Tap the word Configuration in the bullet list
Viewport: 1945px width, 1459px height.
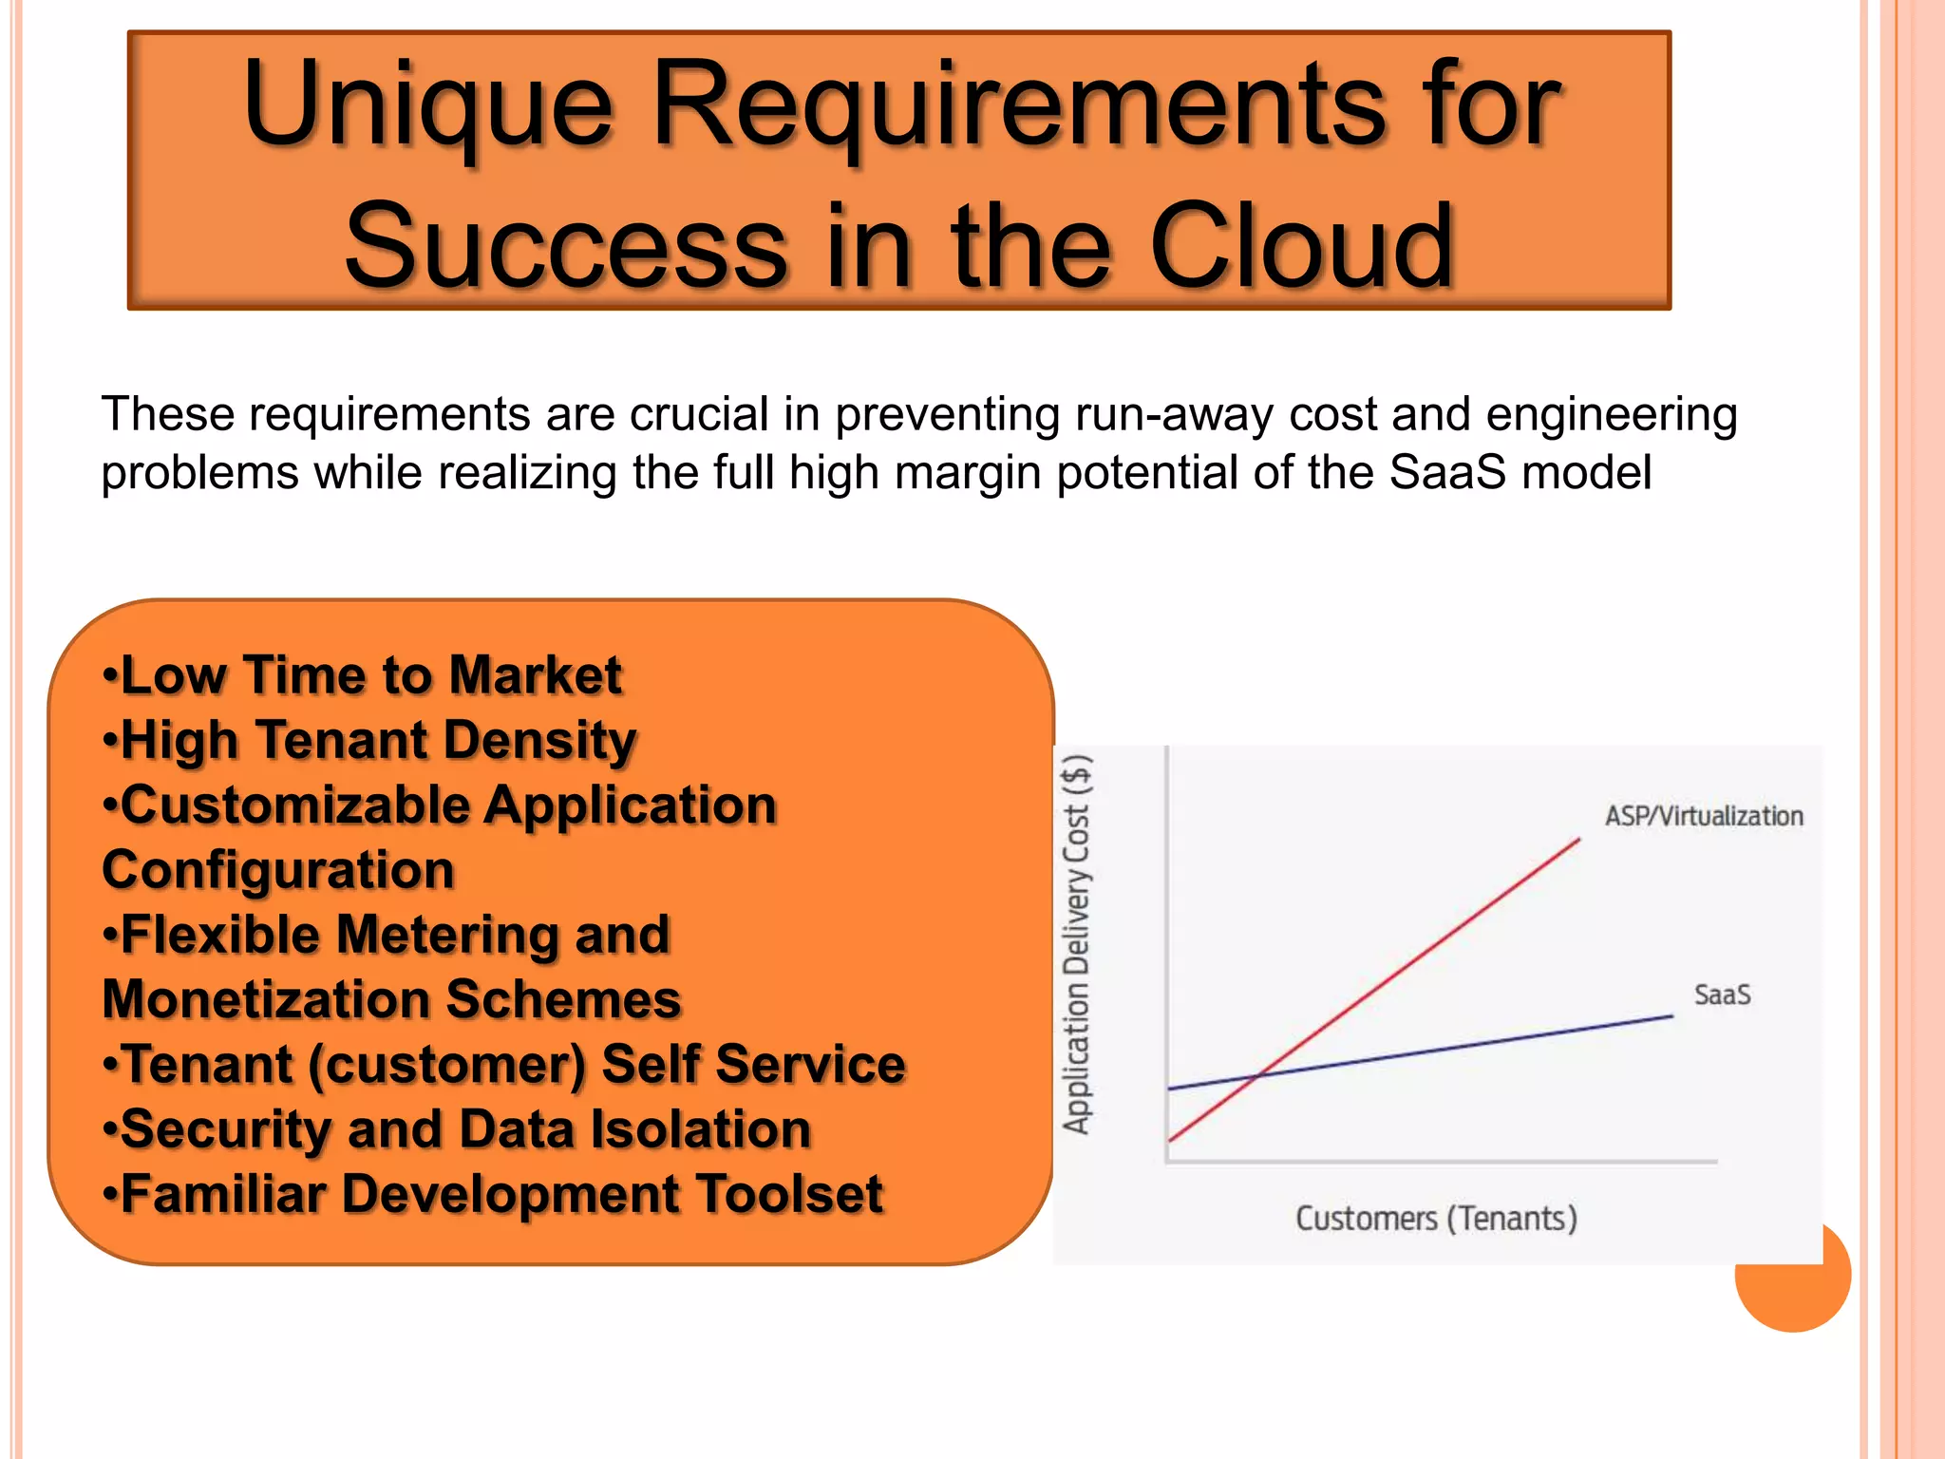(278, 871)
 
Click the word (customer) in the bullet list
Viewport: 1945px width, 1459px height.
(446, 1065)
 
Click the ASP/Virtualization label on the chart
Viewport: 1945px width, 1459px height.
(1704, 816)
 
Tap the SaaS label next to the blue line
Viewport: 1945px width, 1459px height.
(1722, 995)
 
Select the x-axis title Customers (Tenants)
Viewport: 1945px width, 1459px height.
(1436, 1219)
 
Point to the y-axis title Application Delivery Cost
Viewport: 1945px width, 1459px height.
(1077, 944)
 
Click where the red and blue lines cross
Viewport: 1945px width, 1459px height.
(1258, 1075)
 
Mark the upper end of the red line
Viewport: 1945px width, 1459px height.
(1578, 840)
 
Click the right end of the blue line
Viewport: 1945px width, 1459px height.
(1671, 1016)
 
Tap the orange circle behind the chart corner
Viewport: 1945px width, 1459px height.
(1804, 1297)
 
